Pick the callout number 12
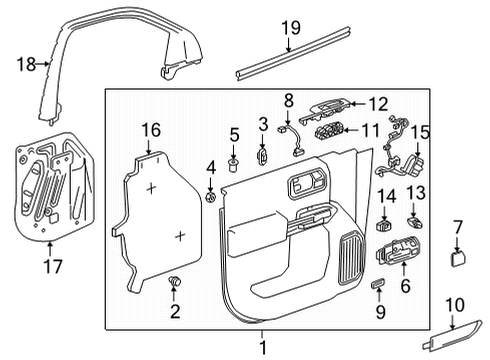[x=377, y=102]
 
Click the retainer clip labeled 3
[x=263, y=155]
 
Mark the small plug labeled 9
[x=378, y=286]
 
